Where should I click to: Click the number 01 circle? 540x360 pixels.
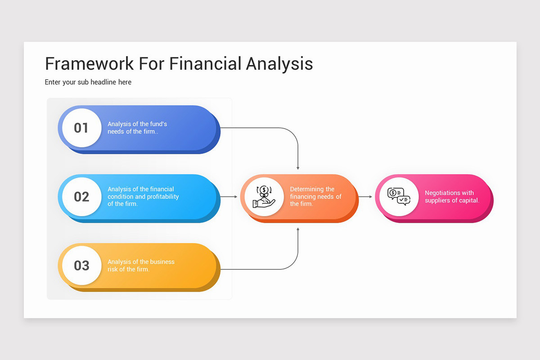(81, 128)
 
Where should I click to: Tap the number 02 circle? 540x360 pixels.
(81, 197)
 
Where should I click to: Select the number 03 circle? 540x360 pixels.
(81, 265)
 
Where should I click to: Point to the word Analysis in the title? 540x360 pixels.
(279, 63)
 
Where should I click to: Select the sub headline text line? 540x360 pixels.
(88, 82)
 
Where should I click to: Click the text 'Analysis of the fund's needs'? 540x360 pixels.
(137, 128)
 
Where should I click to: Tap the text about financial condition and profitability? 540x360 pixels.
(143, 197)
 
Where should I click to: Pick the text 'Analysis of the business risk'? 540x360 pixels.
(141, 265)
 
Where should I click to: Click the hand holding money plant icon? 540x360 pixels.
(264, 197)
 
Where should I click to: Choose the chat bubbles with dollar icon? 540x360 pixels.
(399, 197)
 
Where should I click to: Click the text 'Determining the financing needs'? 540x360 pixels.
(315, 197)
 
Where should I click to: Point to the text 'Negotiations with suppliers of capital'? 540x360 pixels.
(452, 197)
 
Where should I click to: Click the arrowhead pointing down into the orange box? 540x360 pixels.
(298, 168)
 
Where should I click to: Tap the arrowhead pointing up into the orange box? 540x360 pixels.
(298, 229)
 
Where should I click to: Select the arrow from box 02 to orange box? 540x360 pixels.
(229, 197)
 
